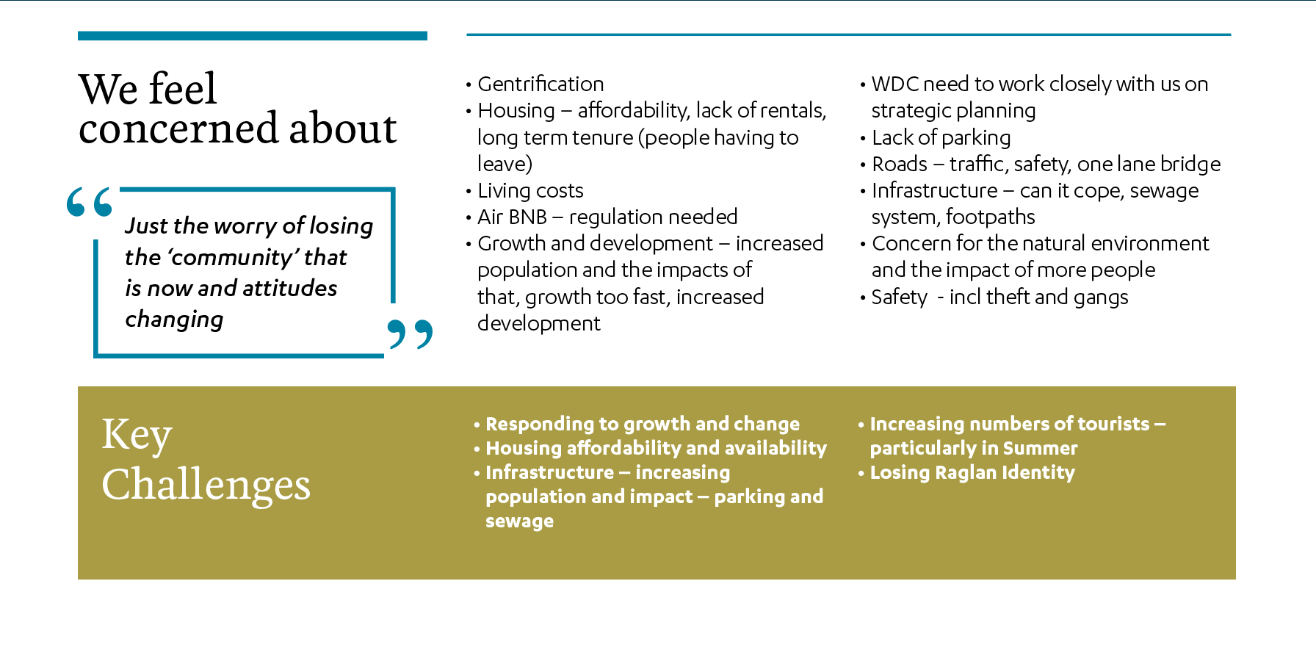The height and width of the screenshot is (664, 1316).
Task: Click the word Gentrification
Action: (540, 84)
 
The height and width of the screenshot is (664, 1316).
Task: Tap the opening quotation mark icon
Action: (89, 202)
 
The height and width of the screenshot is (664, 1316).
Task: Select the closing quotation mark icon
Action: (410, 333)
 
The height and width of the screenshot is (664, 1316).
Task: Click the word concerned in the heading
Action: (178, 129)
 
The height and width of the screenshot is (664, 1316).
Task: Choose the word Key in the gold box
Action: (137, 435)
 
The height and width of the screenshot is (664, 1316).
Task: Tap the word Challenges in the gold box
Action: (206, 486)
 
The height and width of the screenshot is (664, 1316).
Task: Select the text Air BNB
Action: (513, 217)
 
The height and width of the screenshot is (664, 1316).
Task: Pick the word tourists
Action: (1113, 424)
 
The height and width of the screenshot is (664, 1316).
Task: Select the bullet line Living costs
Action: (530, 191)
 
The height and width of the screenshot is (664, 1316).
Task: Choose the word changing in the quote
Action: (174, 320)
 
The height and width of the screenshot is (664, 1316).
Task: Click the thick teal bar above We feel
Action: (253, 35)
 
